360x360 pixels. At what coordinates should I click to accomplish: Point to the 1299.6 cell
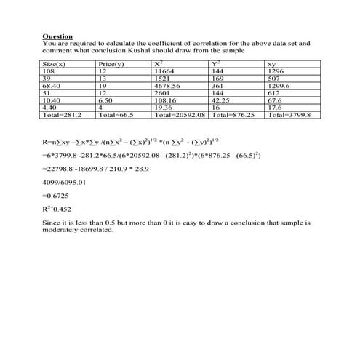pos(279,86)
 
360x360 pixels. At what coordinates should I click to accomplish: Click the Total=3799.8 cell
pos(289,114)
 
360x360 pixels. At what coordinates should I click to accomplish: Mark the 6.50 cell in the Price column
pos(108,100)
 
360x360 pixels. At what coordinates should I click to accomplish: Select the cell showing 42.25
pos(220,100)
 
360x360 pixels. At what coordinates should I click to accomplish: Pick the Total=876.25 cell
pos(232,114)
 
